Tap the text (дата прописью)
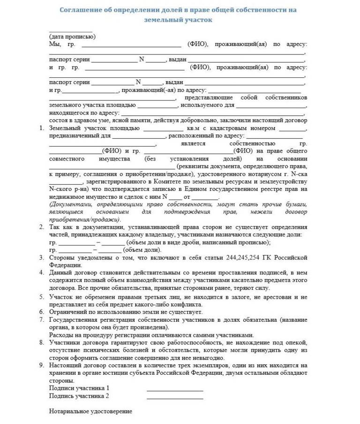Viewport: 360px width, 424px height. pos(72,37)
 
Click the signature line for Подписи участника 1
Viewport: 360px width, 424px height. pos(175,389)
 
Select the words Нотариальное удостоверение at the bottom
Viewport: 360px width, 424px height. pos(90,411)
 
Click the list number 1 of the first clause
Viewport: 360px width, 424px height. pos(42,128)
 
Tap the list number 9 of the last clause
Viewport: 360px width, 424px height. pos(42,364)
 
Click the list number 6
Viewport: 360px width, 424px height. pos(42,311)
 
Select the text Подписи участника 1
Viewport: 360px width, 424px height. pos(79,388)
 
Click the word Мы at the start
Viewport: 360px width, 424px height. pos(55,45)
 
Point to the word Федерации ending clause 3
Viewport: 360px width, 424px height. pos(65,265)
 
